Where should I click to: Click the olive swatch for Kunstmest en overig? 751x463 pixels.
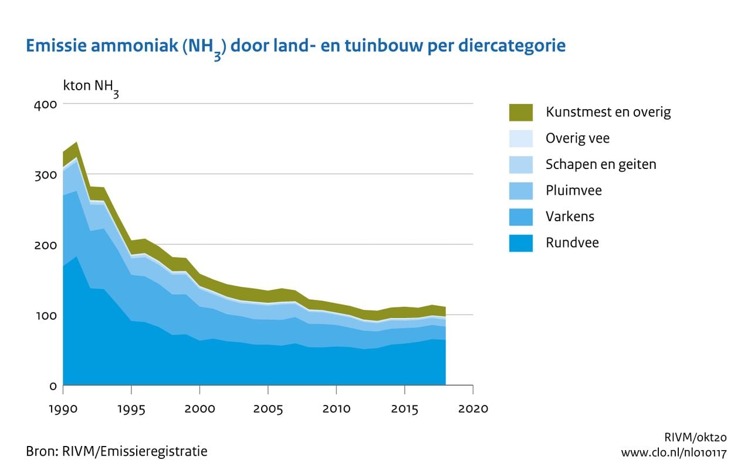coord(520,112)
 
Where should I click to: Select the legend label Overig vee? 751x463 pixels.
coord(577,138)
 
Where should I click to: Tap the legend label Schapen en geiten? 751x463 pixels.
coord(601,164)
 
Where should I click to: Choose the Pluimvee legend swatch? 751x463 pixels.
coord(520,191)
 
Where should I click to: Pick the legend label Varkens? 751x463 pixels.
coord(570,217)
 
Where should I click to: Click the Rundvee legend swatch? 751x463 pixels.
coord(520,243)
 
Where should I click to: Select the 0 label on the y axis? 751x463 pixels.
coord(52,386)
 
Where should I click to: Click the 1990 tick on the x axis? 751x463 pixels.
coord(63,408)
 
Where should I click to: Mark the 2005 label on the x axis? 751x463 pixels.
coord(268,408)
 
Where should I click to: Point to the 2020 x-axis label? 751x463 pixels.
coord(472,408)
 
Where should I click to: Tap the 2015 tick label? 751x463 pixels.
coord(404,408)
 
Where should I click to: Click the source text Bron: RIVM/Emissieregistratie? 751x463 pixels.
coord(116,451)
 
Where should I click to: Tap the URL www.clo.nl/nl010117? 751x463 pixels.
coord(674,453)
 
